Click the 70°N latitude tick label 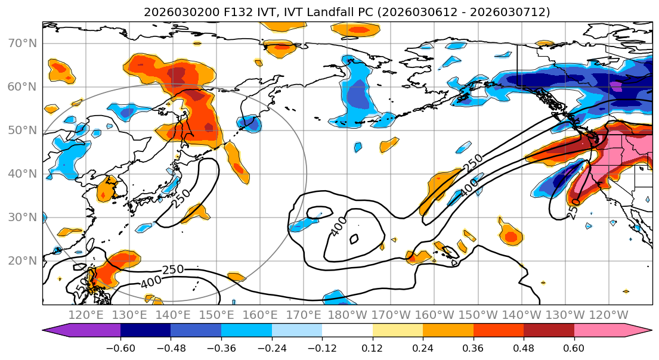22,43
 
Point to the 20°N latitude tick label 22,260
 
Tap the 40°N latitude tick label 22,173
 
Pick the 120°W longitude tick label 608,315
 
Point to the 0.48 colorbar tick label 524,348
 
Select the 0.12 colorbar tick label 373,348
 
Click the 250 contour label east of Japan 181,198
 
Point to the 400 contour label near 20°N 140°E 150,282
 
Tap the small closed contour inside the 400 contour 354,239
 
